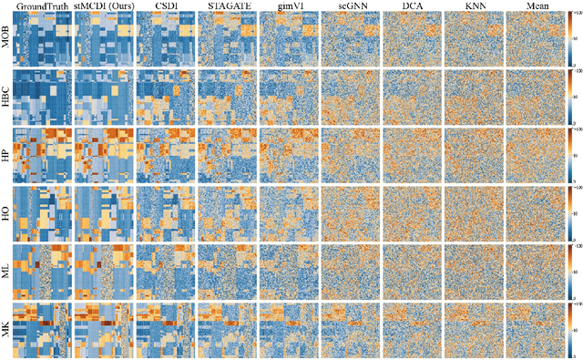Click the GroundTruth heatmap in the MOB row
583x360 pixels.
click(x=40, y=39)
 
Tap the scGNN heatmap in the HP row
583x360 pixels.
click(x=350, y=154)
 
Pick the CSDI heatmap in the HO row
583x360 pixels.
click(x=164, y=211)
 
